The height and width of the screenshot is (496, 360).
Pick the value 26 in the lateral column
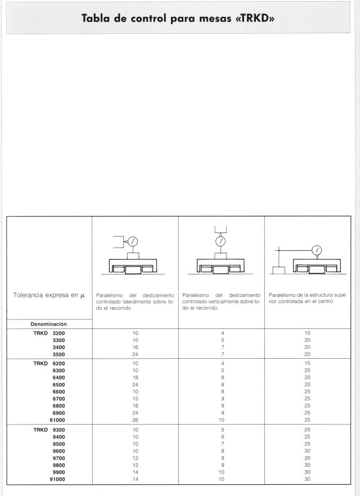135,420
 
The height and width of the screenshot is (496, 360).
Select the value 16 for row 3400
135,348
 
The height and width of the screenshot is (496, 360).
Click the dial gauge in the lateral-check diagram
134,241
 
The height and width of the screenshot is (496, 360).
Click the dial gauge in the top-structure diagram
316,250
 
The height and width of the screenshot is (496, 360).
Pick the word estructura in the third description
323,294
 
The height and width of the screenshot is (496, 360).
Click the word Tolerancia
30,295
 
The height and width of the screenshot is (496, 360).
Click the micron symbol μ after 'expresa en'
82,295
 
